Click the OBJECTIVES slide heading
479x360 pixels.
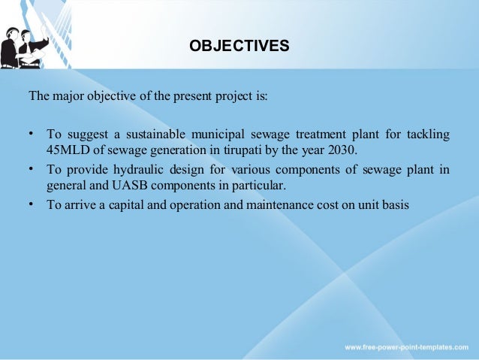pyautogui.click(x=239, y=47)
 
